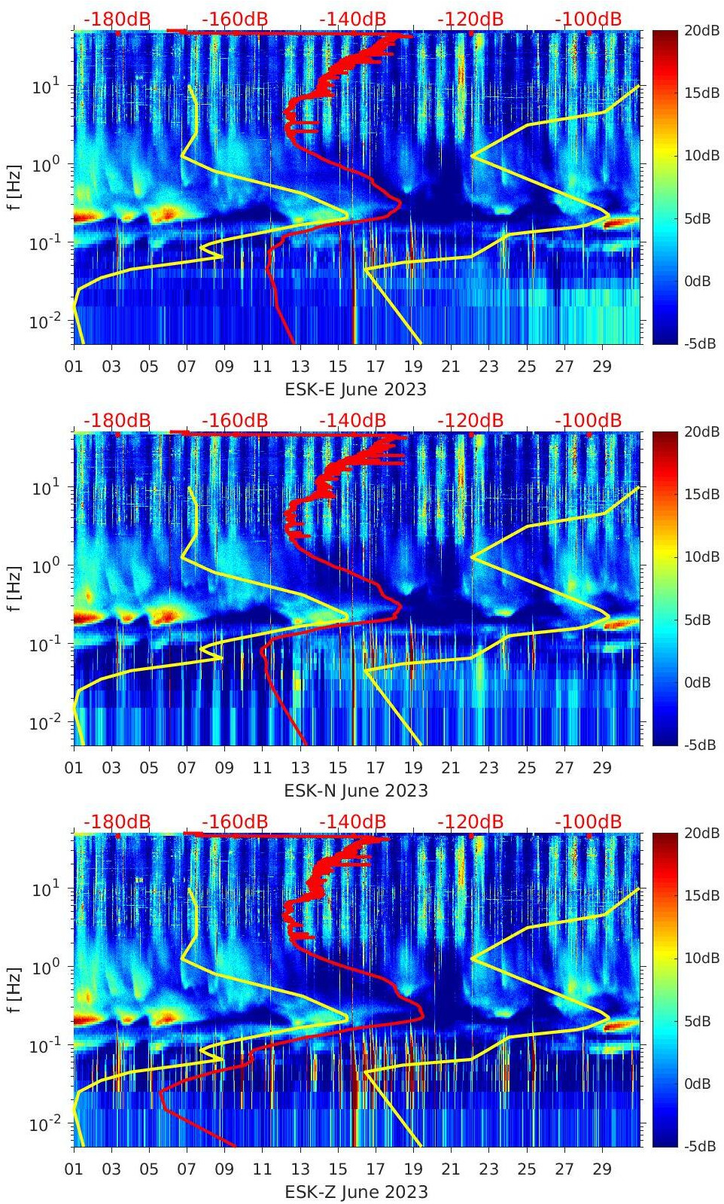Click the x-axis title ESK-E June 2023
click(355, 389)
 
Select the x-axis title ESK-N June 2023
click(355, 791)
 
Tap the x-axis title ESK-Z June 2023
click(355, 1192)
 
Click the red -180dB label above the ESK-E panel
click(117, 19)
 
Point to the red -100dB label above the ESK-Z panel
click(588, 821)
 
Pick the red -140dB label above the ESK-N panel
click(352, 420)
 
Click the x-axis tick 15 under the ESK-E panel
click(338, 367)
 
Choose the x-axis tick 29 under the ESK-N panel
click(601, 768)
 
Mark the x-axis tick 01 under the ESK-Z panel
click(74, 1169)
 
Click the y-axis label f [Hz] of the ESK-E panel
click(14, 187)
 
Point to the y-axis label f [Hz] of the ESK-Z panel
click(14, 989)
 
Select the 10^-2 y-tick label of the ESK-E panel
click(42, 322)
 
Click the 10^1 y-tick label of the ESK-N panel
click(44, 488)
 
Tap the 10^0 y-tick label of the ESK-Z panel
click(44, 968)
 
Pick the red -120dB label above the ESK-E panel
click(470, 19)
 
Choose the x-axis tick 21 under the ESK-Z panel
click(450, 1169)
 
